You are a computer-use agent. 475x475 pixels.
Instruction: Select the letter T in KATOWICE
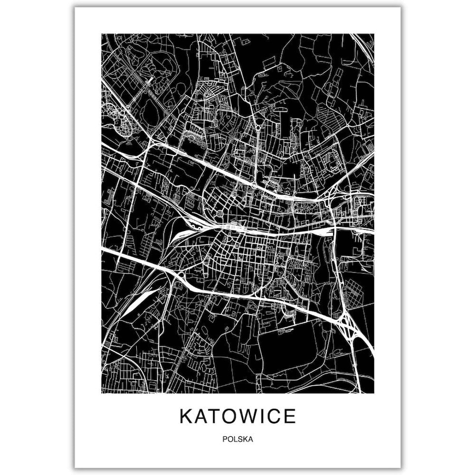(215, 416)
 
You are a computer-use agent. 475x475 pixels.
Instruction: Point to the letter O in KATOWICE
(230, 416)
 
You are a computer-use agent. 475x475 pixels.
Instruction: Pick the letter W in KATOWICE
(249, 416)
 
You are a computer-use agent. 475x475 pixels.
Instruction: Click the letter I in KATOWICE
(264, 416)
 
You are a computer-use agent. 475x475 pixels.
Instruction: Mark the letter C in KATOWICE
(275, 416)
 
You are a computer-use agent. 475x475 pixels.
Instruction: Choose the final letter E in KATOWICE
(290, 416)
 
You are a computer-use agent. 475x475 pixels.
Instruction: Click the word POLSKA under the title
(238, 440)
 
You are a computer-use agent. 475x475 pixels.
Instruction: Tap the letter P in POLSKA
(226, 440)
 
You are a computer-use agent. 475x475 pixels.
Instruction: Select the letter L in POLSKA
(235, 440)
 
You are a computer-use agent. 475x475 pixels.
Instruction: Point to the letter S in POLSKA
(240, 440)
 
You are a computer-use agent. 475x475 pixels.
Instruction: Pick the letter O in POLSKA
(230, 440)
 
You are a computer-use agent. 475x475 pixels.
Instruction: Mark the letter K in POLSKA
(245, 440)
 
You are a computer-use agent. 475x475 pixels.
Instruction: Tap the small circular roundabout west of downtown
(219, 213)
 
